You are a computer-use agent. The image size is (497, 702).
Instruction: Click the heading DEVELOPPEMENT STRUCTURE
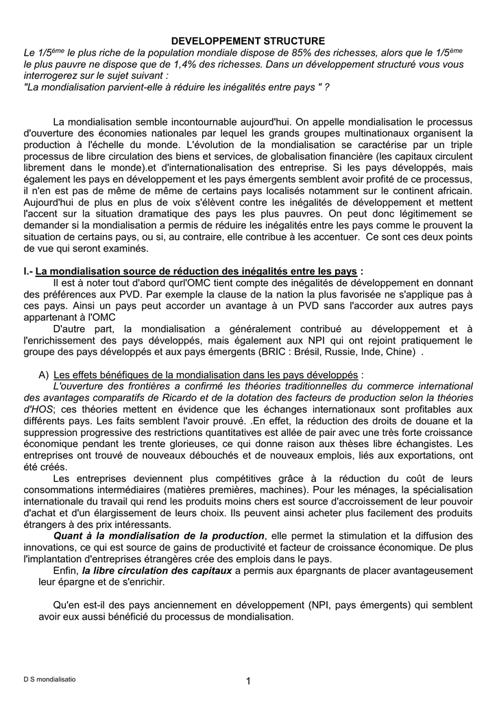pyautogui.click(x=247, y=42)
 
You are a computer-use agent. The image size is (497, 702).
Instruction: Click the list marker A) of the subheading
pyautogui.click(x=44, y=375)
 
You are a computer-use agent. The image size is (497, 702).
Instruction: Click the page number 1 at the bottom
pyautogui.click(x=248, y=680)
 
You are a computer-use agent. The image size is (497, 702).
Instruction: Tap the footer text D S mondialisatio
pyautogui.click(x=50, y=679)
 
